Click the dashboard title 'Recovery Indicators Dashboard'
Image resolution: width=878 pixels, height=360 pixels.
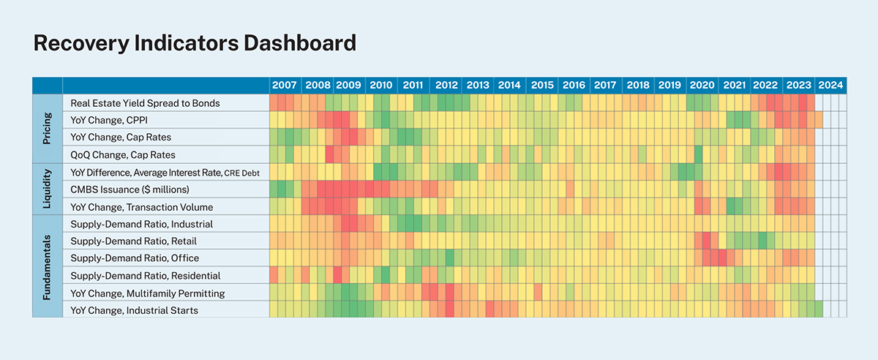(x=195, y=43)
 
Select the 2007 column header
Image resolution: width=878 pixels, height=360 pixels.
(x=285, y=85)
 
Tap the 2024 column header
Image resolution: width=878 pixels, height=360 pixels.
(x=830, y=85)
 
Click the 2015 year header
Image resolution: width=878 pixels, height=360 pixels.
(x=542, y=85)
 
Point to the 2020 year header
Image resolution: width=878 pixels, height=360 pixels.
(x=702, y=85)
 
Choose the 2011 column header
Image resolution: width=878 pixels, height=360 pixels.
(x=413, y=85)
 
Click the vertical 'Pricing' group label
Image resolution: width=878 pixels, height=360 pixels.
(x=48, y=128)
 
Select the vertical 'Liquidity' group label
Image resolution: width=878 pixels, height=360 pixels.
(x=48, y=188)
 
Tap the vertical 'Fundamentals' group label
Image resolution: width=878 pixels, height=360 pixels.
(x=48, y=266)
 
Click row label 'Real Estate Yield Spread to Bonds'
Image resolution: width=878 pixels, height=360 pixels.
(x=145, y=103)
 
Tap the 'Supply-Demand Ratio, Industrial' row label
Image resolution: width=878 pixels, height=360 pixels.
(x=141, y=224)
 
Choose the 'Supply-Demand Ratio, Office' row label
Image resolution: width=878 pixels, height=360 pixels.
(x=135, y=258)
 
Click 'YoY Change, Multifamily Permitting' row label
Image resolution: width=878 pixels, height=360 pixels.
(x=147, y=293)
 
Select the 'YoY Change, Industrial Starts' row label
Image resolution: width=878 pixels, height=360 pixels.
(x=134, y=311)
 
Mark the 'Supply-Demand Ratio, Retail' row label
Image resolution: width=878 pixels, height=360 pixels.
(x=133, y=241)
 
